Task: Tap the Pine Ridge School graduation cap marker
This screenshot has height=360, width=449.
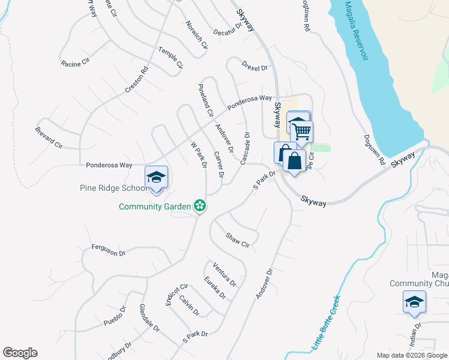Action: [156, 178]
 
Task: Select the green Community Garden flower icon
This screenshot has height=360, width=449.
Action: [200, 206]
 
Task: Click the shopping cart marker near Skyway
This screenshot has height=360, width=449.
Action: [301, 130]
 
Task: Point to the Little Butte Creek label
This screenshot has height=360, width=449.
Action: [326, 323]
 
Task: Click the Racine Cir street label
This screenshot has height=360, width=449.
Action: [75, 63]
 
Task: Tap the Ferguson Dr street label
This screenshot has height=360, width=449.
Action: [108, 250]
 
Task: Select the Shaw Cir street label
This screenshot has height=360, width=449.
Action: [237, 240]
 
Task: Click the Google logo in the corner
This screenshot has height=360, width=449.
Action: [20, 353]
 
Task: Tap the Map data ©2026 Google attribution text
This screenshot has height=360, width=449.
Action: [411, 355]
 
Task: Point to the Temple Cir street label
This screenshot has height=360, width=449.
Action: [170, 58]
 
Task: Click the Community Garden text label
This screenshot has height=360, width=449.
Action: [154, 206]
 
